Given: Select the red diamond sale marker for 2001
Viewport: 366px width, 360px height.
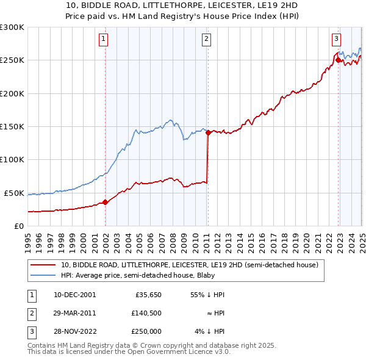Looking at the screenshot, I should coord(105,202).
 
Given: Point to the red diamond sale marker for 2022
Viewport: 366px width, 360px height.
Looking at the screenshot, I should coord(338,60).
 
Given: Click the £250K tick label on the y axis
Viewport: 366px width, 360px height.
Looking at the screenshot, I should coord(12,60).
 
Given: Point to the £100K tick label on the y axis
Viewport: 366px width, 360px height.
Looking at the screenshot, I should coord(12,159).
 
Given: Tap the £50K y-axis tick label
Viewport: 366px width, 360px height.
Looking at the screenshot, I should coord(15,193).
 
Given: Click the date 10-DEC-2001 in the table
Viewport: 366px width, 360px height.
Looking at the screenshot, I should coord(74,295).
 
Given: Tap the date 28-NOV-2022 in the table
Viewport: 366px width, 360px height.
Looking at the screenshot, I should coord(74,331).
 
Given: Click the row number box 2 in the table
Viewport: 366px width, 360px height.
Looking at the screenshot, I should coord(30,313).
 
